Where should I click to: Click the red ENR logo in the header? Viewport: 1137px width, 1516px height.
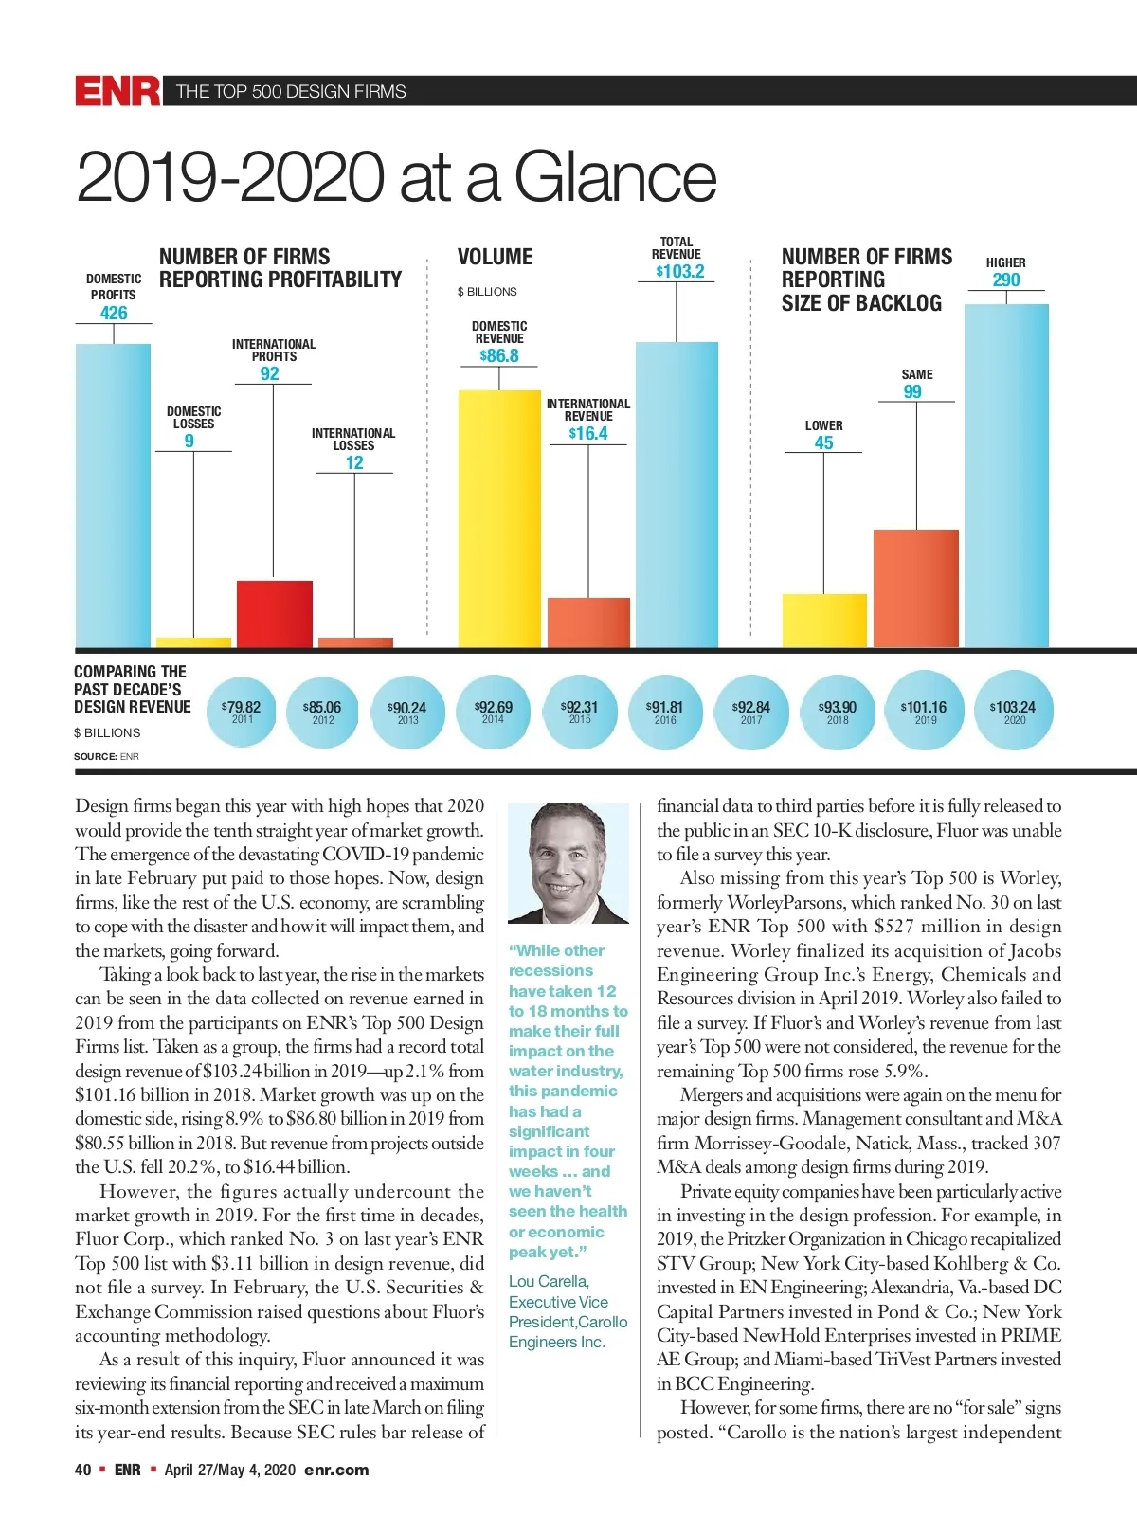click(117, 91)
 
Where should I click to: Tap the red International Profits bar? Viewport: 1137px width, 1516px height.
click(274, 613)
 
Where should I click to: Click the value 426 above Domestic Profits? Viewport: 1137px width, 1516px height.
click(114, 313)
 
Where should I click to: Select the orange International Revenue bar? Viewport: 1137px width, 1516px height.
click(588, 623)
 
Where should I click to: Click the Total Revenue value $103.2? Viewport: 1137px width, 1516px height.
click(680, 271)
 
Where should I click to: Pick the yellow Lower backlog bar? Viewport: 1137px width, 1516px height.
click(824, 621)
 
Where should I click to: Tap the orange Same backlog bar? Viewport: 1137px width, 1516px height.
click(915, 587)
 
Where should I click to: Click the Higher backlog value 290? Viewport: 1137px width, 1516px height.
click(1006, 280)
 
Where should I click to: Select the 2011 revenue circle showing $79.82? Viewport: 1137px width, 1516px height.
click(242, 711)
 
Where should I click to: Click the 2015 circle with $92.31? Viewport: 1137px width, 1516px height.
click(580, 711)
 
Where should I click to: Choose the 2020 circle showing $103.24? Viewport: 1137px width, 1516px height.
click(1014, 711)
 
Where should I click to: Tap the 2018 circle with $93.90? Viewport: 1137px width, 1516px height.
click(838, 711)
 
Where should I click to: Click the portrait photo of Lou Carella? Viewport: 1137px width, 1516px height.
click(568, 863)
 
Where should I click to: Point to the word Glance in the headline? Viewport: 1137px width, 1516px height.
click(615, 177)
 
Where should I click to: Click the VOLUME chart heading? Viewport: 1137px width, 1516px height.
click(495, 257)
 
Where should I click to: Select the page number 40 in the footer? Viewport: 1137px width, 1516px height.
click(82, 1470)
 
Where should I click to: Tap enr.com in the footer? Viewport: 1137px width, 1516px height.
click(336, 1470)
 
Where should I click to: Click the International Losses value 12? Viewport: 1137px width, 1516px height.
click(354, 462)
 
